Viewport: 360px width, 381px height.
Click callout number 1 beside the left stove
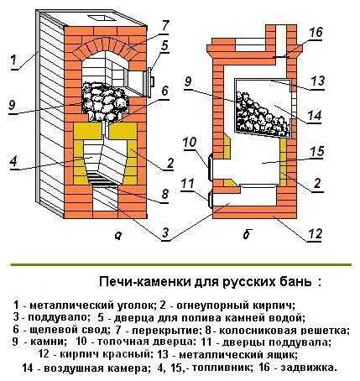click(13, 60)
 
